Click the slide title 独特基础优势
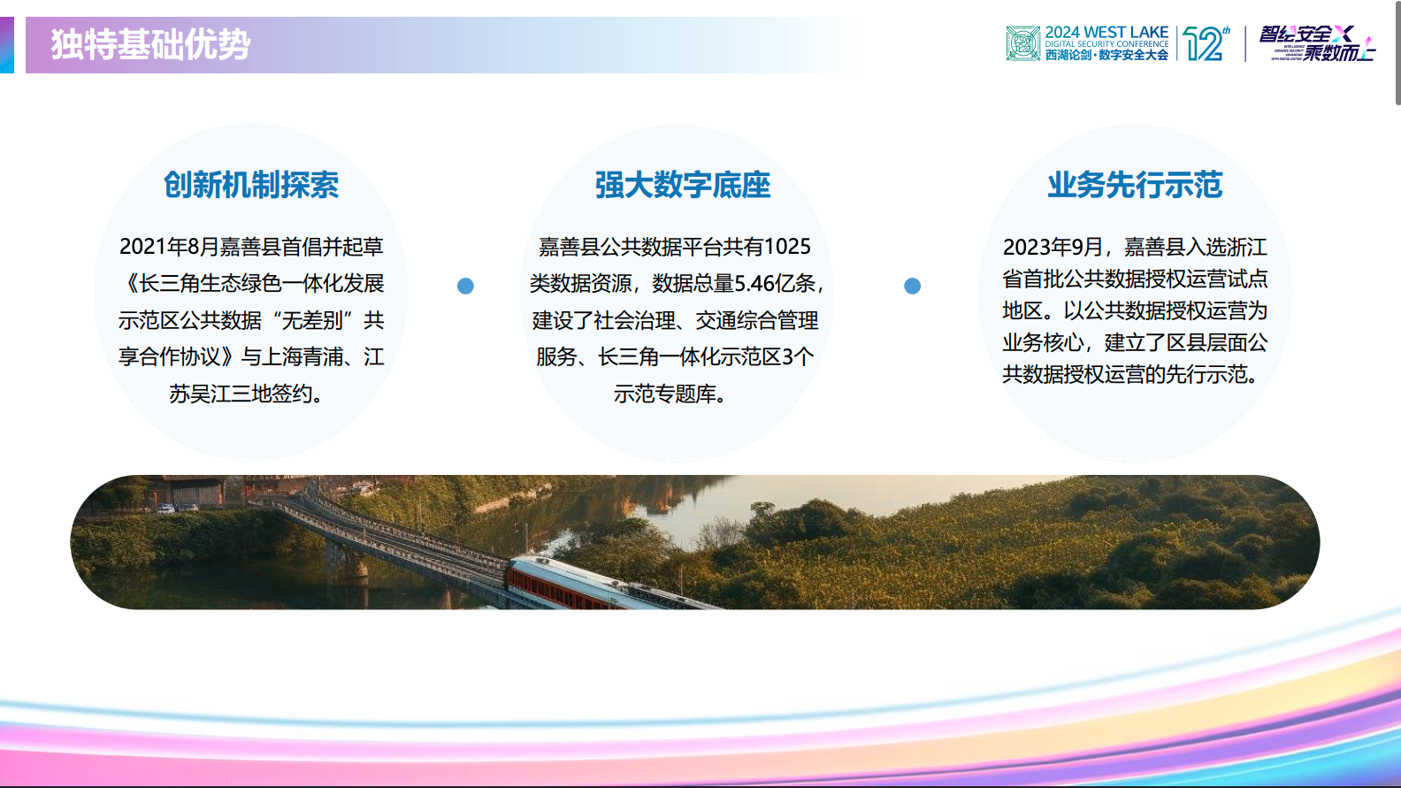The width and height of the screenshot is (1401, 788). pos(150,44)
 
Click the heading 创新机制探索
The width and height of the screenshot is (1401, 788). pos(251,185)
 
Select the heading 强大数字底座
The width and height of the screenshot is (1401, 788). pos(682,185)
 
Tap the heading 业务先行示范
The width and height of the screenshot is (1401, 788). pos(1135,185)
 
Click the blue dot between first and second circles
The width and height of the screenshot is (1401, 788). pos(465,286)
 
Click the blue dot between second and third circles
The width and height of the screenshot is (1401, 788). pos(912,286)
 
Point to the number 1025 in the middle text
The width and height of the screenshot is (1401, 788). pos(787,247)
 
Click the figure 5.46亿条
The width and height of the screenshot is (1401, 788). pos(775,284)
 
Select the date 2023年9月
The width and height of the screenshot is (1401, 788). pos(1053,247)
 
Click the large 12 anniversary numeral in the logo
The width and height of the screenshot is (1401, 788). pos(1204,44)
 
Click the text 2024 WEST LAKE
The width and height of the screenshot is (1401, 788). pos(1106,32)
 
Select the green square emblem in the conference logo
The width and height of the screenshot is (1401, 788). pos(1022,43)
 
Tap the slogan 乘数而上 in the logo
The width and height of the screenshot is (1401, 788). pos(1338,53)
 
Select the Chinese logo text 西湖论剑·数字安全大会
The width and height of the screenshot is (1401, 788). pos(1106,55)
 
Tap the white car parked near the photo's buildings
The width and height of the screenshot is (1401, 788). pos(166,508)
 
